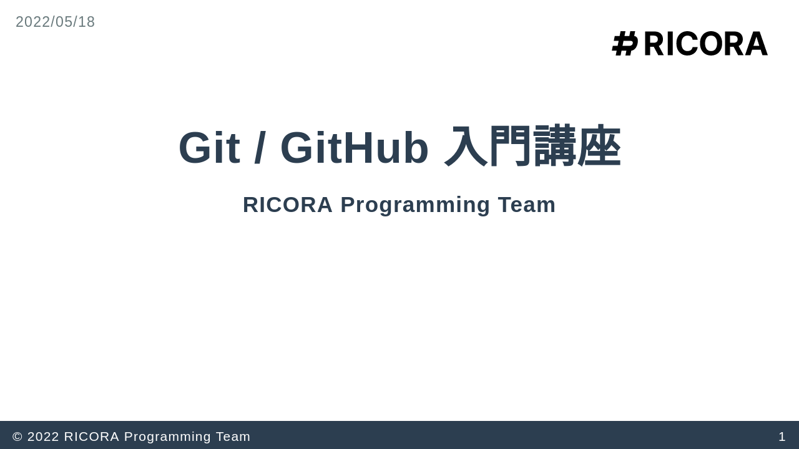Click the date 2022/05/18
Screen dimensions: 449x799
coord(56,22)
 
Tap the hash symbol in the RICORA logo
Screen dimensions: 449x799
coord(625,44)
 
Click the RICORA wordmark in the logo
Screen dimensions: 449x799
coord(705,44)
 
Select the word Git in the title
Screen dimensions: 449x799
coord(209,148)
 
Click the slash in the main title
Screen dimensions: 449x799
coord(260,148)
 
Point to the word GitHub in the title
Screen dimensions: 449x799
coord(355,148)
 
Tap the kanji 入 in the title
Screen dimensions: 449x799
coord(466,147)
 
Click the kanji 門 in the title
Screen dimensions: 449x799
coord(510,147)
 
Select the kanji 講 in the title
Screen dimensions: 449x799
coord(555,147)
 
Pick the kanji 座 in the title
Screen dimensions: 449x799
coord(599,147)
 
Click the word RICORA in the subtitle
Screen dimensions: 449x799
coord(288,205)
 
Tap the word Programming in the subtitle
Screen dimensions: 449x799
coord(415,205)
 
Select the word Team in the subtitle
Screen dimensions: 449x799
coord(527,205)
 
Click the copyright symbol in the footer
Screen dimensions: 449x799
coord(17,437)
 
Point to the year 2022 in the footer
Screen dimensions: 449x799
coord(43,437)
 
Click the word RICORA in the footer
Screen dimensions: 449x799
coord(92,437)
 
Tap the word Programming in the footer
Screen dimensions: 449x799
coord(167,437)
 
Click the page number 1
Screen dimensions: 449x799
coord(782,437)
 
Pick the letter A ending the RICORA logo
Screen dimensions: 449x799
coord(757,44)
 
